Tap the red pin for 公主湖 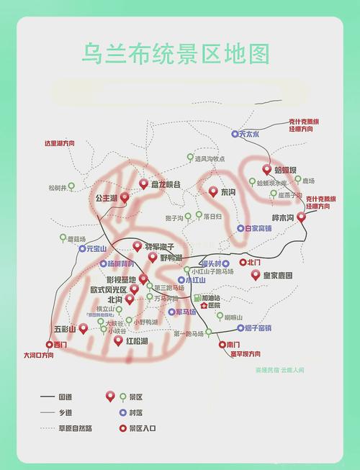click(x=125, y=196)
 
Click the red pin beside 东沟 click(x=212, y=191)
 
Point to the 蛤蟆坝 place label click(x=285, y=170)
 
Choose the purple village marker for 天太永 click(x=235, y=134)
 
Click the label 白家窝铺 click(x=258, y=228)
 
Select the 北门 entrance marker click(x=243, y=263)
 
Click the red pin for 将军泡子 click(x=138, y=245)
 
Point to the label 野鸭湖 click(x=171, y=258)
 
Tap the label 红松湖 click(x=137, y=340)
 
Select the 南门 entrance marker click(x=222, y=345)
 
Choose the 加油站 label click(x=212, y=297)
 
